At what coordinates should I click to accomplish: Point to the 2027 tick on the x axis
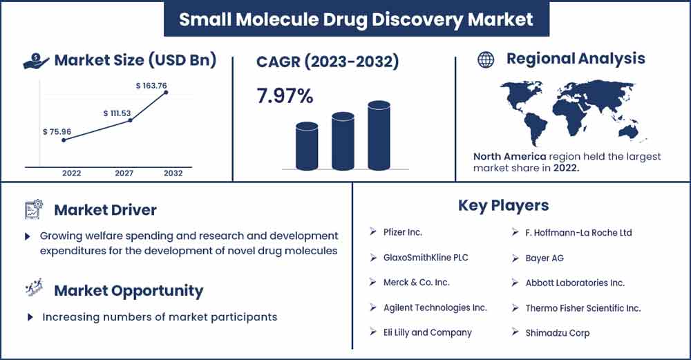tap(124, 173)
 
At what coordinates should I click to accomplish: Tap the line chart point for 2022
tap(64, 140)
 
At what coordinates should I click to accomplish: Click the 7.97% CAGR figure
tap(285, 97)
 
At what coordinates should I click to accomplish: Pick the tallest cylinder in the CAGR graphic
tap(379, 136)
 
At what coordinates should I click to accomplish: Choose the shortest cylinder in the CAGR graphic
tap(307, 146)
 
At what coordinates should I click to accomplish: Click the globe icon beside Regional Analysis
tap(486, 59)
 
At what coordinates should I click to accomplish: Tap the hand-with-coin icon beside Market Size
tap(36, 61)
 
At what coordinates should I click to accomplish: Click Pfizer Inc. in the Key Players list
tap(403, 232)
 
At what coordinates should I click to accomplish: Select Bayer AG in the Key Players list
tap(545, 258)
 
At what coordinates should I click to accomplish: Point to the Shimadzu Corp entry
tap(558, 332)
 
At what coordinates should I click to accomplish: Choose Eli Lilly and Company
tap(428, 332)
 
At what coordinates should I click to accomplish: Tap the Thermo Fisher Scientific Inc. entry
tap(583, 307)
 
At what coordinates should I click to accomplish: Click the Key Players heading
tap(503, 205)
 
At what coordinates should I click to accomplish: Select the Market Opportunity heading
tap(129, 290)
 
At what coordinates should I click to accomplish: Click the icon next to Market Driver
tap(34, 209)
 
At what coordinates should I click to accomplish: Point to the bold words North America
tap(510, 157)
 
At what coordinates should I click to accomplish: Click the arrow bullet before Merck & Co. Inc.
tap(372, 282)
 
